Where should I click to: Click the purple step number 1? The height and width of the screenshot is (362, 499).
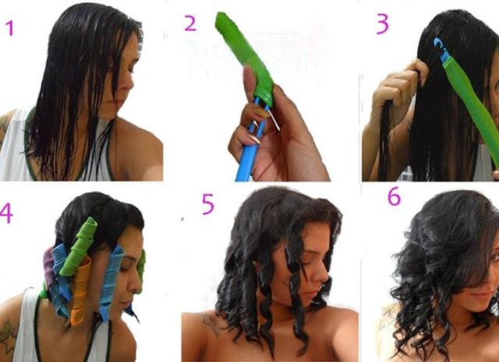10,28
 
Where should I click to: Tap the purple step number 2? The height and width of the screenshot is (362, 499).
190,23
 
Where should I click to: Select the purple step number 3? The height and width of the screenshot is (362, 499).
382,23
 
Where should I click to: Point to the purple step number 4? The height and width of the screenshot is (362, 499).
5,214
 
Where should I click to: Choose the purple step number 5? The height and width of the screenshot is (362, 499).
208,204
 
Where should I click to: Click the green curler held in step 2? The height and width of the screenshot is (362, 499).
245,59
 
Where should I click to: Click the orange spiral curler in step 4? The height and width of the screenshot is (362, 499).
80,289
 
